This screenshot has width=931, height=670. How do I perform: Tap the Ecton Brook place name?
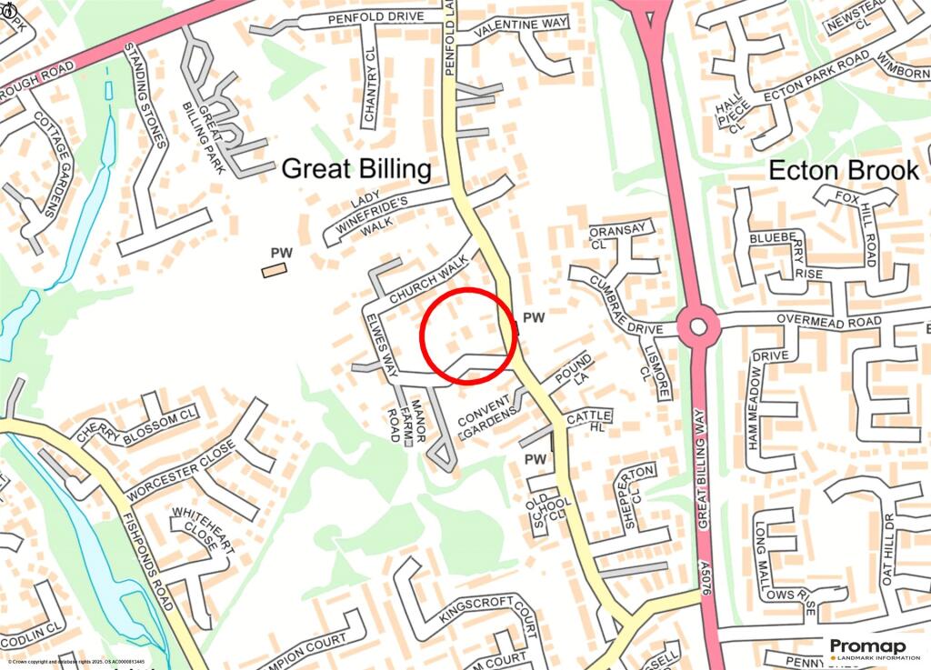tap(844, 170)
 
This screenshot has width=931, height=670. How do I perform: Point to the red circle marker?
tap(468, 335)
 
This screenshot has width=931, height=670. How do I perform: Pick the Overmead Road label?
tap(828, 322)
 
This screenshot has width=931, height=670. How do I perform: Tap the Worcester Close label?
tap(181, 470)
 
